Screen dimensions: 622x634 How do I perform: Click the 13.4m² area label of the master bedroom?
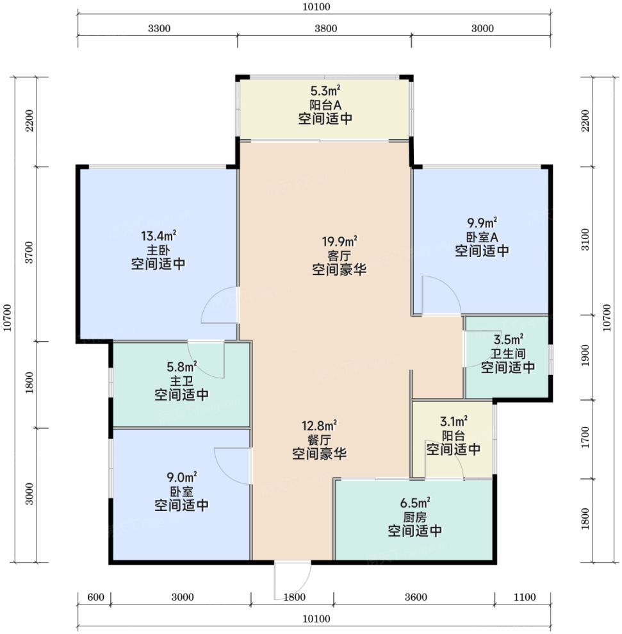tap(158, 235)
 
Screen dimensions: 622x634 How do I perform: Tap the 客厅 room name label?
tap(339, 256)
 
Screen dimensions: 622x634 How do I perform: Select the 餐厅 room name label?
tap(319, 440)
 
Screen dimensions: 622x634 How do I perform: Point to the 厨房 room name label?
tap(414, 517)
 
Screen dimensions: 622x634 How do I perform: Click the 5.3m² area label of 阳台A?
tap(325, 90)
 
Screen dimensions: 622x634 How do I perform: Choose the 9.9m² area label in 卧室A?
tap(482, 223)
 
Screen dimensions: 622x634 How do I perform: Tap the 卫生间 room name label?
tap(508, 353)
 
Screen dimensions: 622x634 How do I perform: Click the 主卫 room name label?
tap(182, 381)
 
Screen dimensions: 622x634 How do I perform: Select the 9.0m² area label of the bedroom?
tap(182, 478)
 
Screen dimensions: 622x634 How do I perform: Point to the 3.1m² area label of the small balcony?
tap(454, 422)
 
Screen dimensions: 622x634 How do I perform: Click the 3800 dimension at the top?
tap(326, 28)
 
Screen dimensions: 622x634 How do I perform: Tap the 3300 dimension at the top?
tap(160, 28)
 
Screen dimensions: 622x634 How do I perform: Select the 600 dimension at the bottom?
tap(96, 597)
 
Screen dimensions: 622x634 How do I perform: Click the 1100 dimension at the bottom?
tap(525, 597)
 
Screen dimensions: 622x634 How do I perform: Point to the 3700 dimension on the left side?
tap(29, 253)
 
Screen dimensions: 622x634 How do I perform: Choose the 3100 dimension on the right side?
tap(585, 239)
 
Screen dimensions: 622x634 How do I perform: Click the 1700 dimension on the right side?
tap(585, 437)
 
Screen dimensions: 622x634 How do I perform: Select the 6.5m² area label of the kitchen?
tap(415, 503)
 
